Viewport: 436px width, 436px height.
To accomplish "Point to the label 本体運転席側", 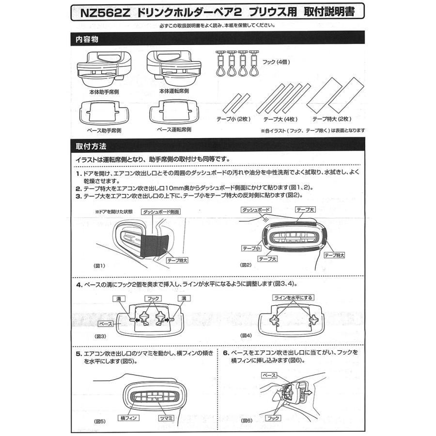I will pyautogui.click(x=173, y=91).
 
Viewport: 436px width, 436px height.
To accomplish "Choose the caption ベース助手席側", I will pyautogui.click(x=103, y=130).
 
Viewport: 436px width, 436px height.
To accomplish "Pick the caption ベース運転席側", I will pyautogui.click(x=174, y=130).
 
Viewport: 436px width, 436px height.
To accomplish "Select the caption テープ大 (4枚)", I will pyautogui.click(x=280, y=119).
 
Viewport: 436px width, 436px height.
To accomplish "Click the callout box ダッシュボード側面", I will pyautogui.click(x=161, y=212).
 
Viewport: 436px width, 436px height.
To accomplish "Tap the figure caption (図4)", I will pyautogui.click(x=247, y=336).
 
